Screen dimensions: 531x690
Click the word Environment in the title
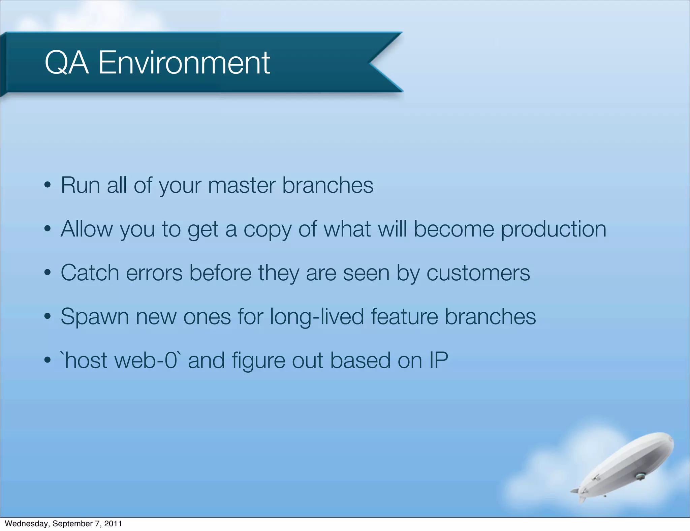pyautogui.click(x=184, y=63)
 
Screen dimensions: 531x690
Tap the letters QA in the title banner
pyautogui.click(x=66, y=63)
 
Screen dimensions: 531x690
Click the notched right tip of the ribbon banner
pyautogui.click(x=387, y=62)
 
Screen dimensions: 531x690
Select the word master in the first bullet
pyautogui.click(x=242, y=186)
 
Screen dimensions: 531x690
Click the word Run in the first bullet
pyautogui.click(x=80, y=186)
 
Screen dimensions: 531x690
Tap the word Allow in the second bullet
pyautogui.click(x=87, y=229)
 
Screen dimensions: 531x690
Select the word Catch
pyautogui.click(x=90, y=273)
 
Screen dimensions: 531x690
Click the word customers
pyautogui.click(x=478, y=273)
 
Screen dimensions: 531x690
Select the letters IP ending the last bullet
pyautogui.click(x=438, y=361)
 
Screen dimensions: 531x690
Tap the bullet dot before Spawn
pyautogui.click(x=48, y=316)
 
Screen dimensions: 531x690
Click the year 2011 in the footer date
pyautogui.click(x=113, y=524)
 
